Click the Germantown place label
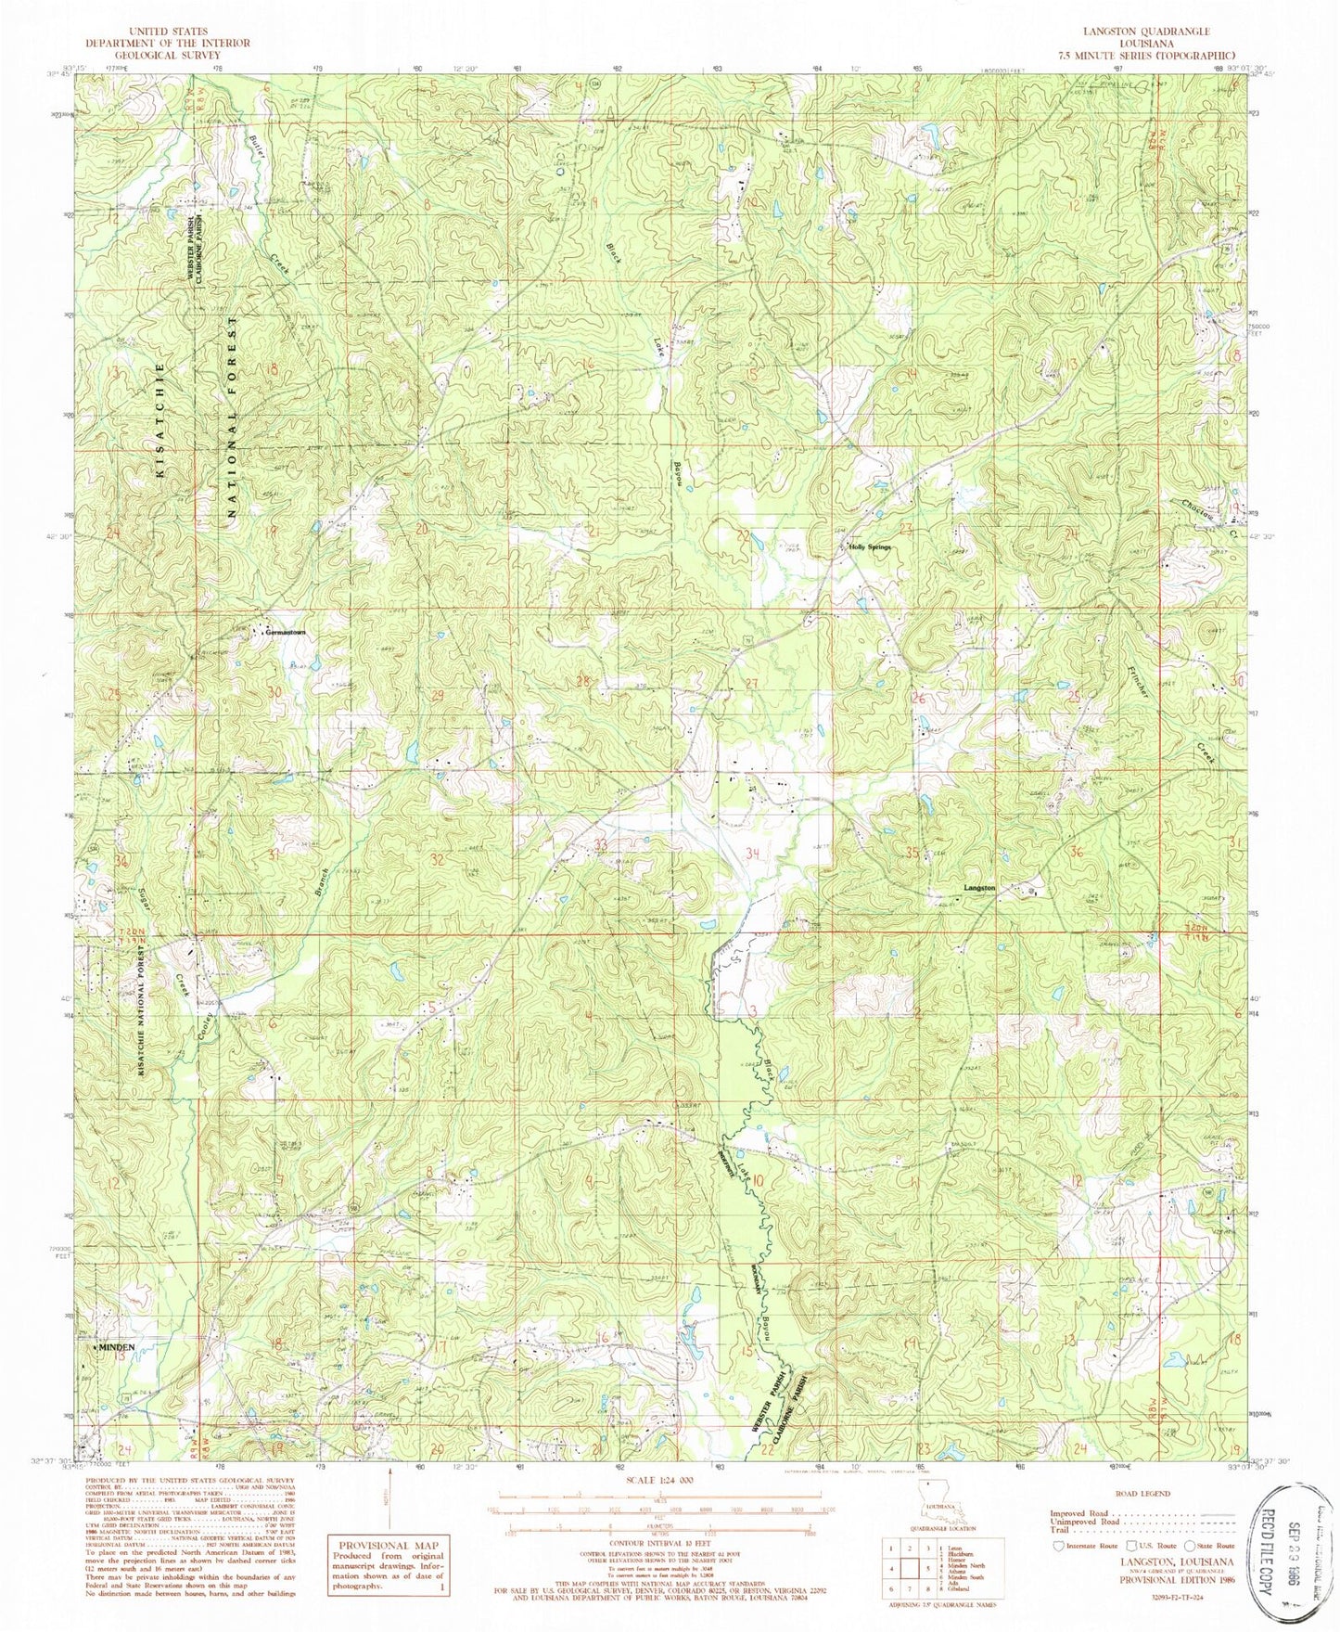(x=286, y=633)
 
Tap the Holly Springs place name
(x=871, y=548)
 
